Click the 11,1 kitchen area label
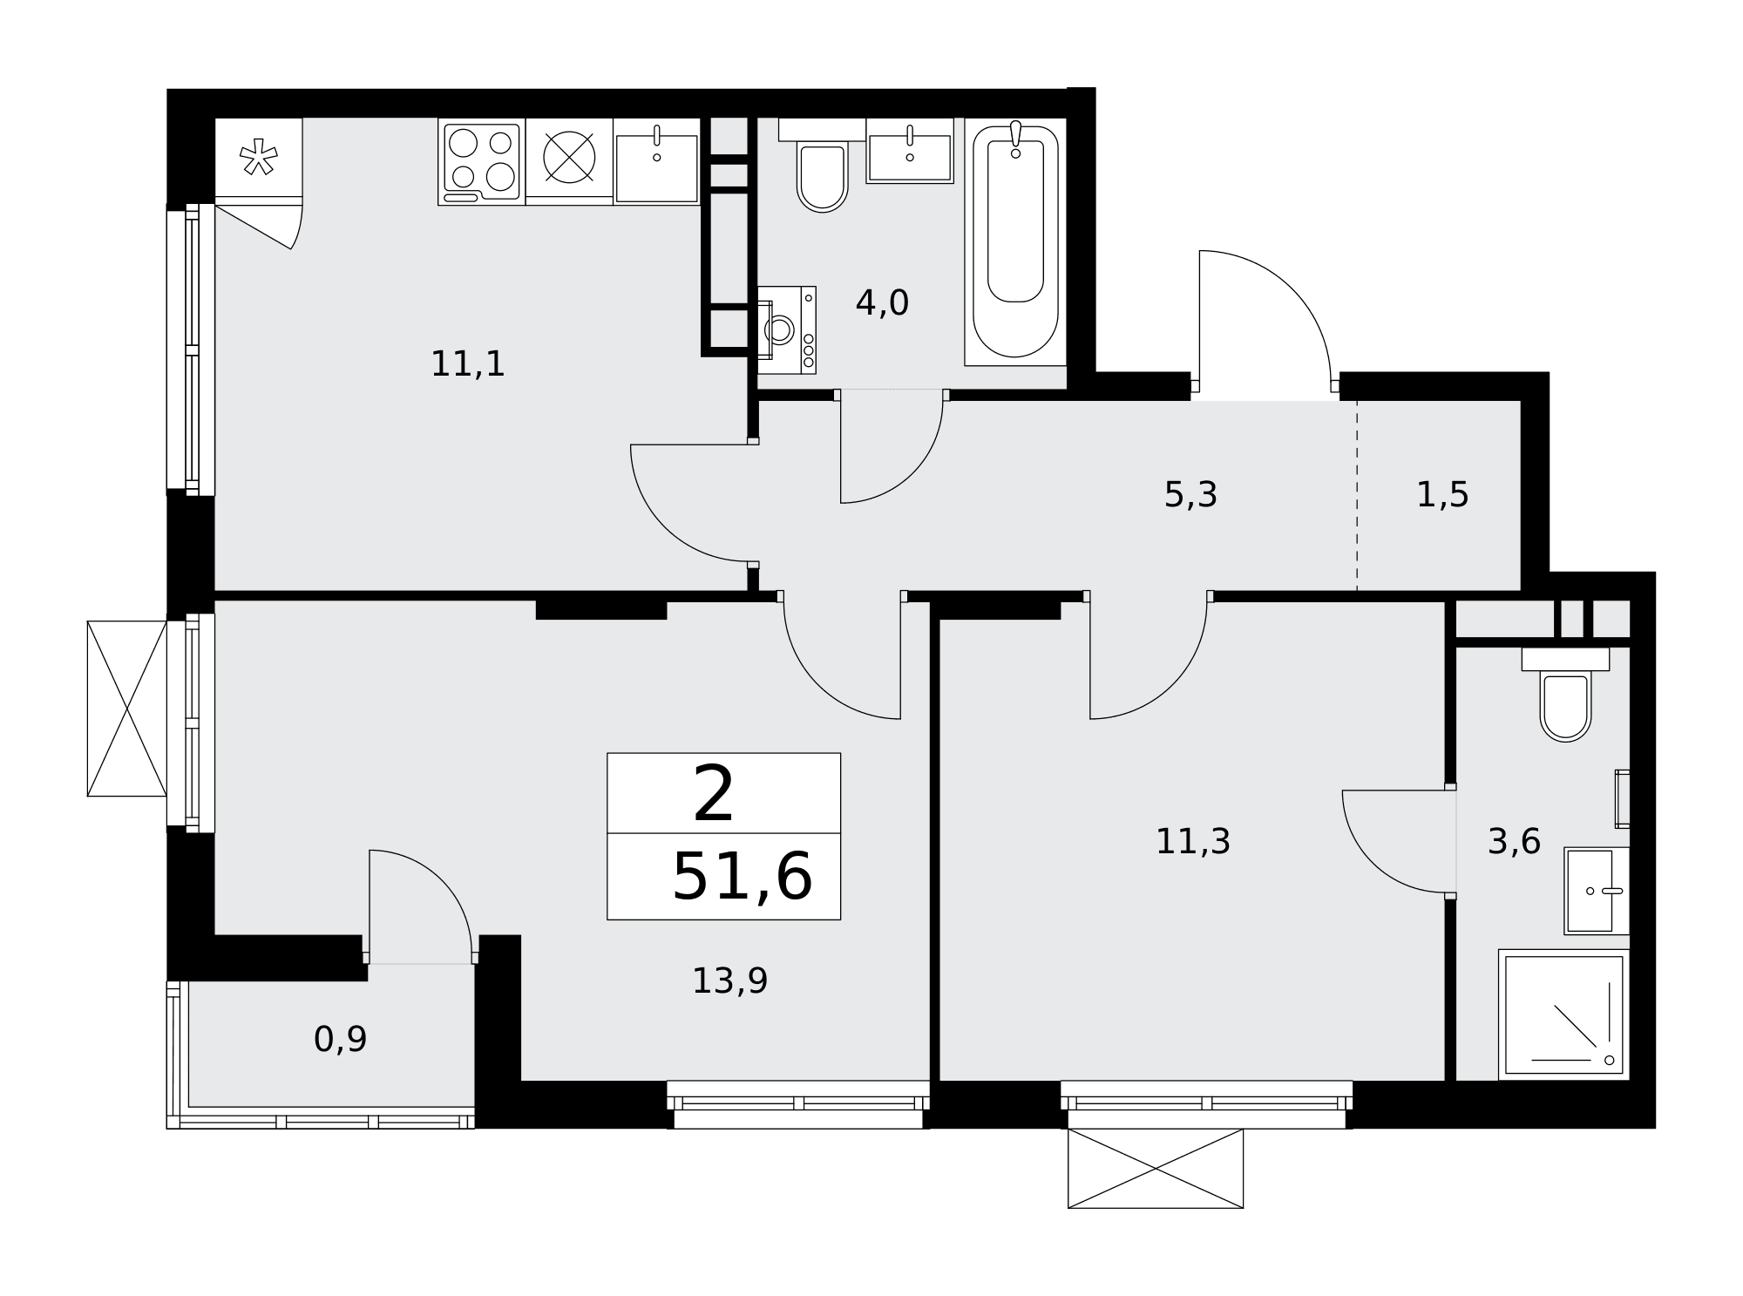(468, 364)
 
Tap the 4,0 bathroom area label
(882, 303)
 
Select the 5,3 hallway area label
(1190, 495)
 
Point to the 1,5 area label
(1442, 495)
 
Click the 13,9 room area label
(729, 981)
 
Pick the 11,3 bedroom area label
(1192, 842)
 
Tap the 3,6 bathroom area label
(1514, 842)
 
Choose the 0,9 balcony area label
(340, 1039)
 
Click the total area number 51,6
(742, 877)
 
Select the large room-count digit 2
(714, 794)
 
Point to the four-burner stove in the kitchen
(482, 162)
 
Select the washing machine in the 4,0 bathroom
(787, 330)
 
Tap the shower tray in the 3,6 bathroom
(1563, 1015)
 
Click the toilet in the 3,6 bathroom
(1565, 695)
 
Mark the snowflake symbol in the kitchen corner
(259, 157)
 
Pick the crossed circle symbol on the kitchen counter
(569, 158)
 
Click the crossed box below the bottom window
(1156, 1169)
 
